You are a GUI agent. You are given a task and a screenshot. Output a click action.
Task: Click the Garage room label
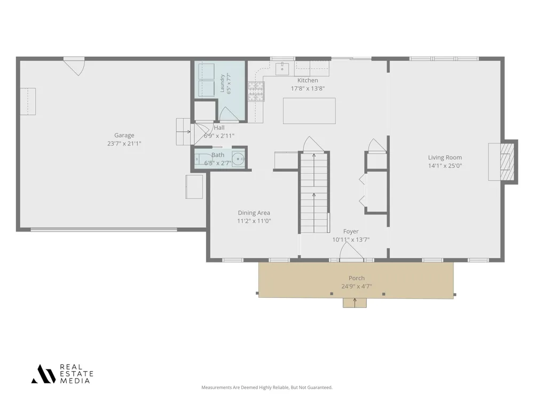[124, 135]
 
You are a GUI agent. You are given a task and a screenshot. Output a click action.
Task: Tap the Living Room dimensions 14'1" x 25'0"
[445, 166]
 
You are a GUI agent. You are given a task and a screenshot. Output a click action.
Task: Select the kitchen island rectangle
[309, 111]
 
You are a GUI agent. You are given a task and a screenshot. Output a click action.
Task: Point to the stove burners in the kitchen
[256, 91]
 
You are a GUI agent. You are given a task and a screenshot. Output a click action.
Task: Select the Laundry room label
[222, 83]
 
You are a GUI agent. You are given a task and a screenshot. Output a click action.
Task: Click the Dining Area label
[254, 213]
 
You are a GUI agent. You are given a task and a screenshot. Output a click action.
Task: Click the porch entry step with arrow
[355, 303]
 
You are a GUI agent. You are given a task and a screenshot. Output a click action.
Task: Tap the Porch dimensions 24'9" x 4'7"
[357, 287]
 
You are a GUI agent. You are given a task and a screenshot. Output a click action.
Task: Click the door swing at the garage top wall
[76, 67]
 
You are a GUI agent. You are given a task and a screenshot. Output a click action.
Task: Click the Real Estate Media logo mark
[43, 374]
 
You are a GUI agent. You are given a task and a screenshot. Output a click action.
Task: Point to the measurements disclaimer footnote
[266, 387]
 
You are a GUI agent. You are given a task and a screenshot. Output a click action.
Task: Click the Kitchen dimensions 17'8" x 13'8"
[308, 89]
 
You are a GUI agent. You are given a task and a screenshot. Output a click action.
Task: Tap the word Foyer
[351, 232]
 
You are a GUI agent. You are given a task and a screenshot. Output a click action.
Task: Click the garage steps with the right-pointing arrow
[184, 132]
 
